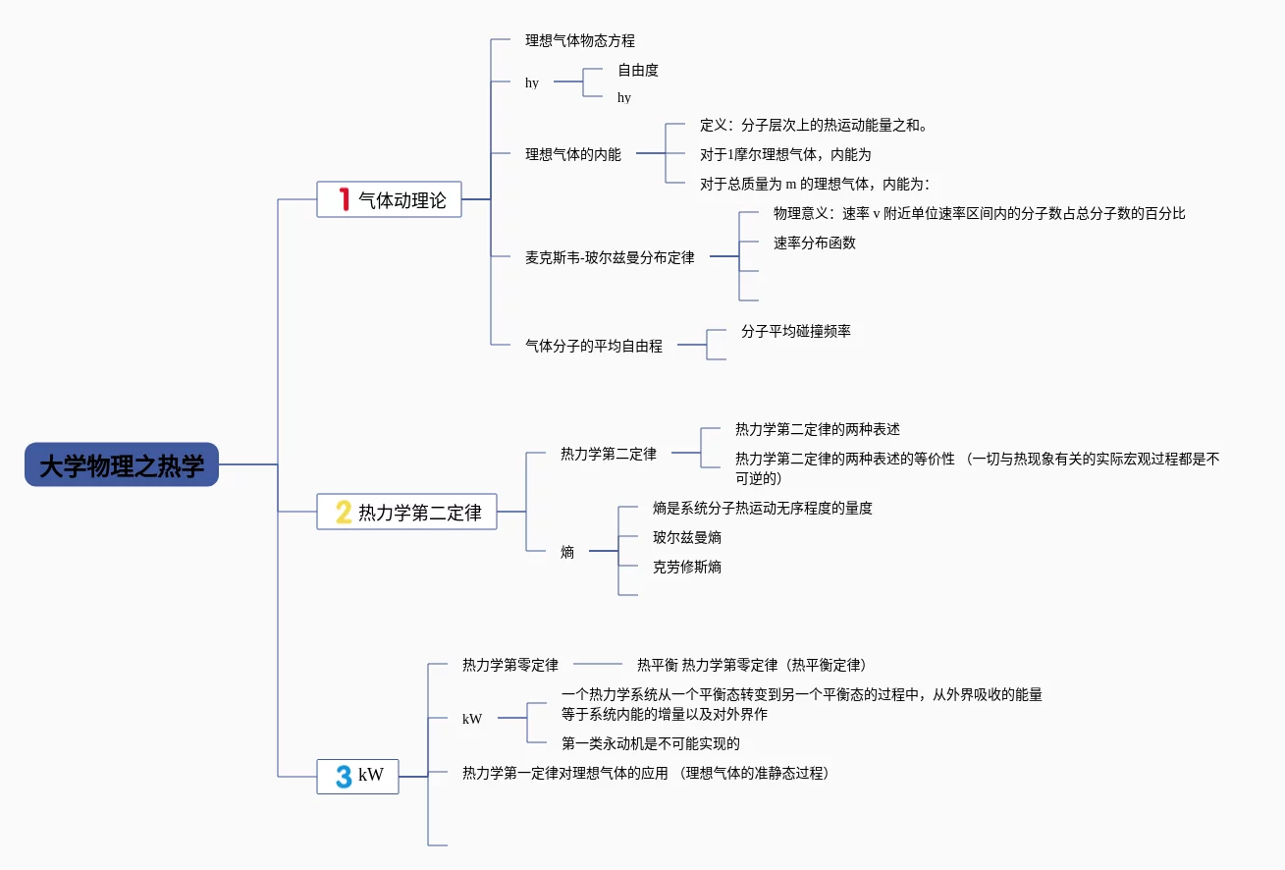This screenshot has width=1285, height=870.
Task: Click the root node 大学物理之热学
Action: [x=122, y=464]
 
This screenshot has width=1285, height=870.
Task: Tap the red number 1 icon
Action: [x=344, y=199]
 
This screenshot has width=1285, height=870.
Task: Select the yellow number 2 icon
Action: [x=344, y=512]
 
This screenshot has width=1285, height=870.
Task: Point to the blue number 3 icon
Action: [x=344, y=776]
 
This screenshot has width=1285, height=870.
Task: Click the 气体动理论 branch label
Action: [x=402, y=200]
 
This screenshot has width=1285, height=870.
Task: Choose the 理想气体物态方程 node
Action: [x=580, y=41]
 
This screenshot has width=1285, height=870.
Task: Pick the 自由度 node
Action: [x=638, y=71]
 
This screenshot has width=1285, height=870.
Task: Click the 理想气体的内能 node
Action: [x=573, y=154]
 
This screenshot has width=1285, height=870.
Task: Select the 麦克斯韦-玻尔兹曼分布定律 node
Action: [x=610, y=257]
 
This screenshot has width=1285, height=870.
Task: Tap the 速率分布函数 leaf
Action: [x=815, y=243]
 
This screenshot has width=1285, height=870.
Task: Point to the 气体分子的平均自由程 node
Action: [x=594, y=346]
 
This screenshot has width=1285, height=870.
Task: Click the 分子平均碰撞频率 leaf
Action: [x=796, y=331]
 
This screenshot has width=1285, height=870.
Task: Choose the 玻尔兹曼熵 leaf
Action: [x=687, y=537]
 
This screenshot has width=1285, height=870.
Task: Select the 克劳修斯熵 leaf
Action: [x=687, y=567]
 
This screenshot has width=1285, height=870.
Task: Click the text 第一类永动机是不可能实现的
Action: [x=651, y=743]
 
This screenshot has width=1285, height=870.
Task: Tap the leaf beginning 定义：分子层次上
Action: [x=814, y=125]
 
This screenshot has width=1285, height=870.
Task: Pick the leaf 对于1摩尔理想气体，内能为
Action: [x=785, y=154]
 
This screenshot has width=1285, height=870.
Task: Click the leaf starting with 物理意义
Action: [x=979, y=213]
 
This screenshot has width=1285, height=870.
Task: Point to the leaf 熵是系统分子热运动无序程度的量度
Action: [x=763, y=508]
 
